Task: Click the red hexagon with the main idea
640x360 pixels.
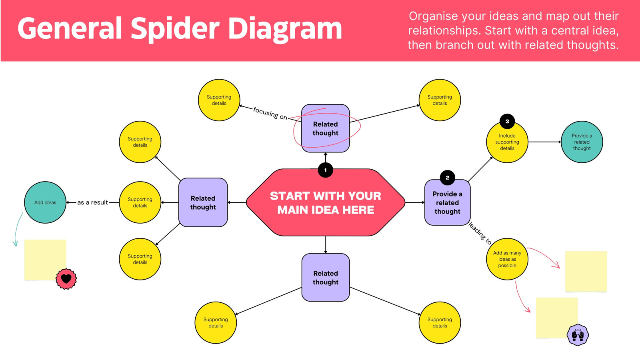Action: (x=326, y=202)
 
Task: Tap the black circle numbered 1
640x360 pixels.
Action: (x=326, y=170)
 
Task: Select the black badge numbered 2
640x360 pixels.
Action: (x=448, y=178)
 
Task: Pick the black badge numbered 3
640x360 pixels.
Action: (x=507, y=122)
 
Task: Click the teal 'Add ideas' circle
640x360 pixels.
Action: (x=45, y=202)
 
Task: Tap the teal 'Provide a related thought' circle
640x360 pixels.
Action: (x=582, y=142)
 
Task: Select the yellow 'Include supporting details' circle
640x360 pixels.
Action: (x=507, y=142)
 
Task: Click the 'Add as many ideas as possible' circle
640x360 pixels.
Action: (x=507, y=259)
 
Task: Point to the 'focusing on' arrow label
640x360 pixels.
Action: (x=270, y=114)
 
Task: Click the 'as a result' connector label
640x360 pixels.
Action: (x=92, y=202)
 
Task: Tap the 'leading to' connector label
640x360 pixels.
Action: (x=480, y=234)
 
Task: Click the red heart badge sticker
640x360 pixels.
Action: (x=66, y=278)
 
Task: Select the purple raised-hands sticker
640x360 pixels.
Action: (x=578, y=335)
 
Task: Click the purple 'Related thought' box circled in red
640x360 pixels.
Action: (x=326, y=128)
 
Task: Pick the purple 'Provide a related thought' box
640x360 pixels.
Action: (x=448, y=202)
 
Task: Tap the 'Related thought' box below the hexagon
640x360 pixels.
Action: (x=326, y=278)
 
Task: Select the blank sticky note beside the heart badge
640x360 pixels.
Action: (x=45, y=260)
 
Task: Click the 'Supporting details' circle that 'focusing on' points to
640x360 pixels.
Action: (x=219, y=100)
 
